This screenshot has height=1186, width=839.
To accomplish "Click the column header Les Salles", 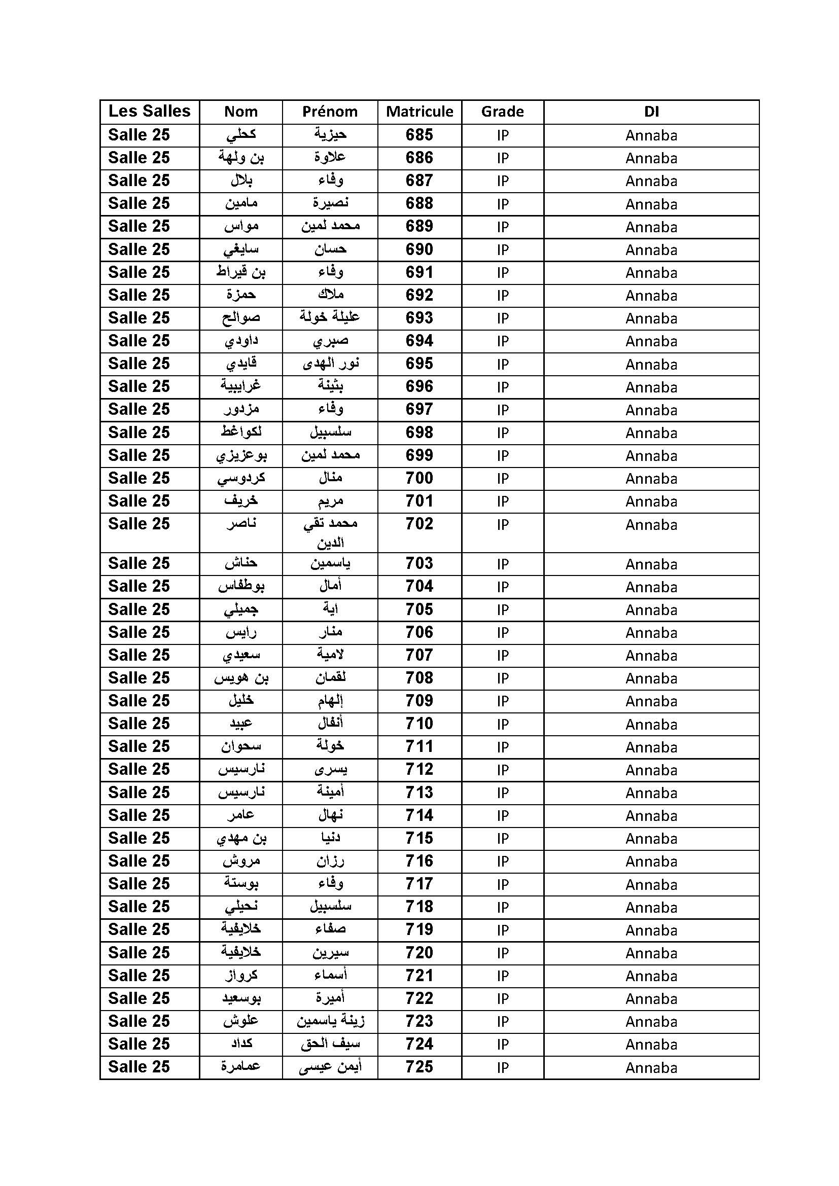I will click(x=149, y=111).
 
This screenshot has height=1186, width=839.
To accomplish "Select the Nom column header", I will click(x=241, y=112).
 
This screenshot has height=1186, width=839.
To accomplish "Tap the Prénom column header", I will click(x=330, y=112).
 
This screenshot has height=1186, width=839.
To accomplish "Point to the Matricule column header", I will click(x=419, y=112).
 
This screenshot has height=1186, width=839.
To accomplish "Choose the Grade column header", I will click(x=502, y=112).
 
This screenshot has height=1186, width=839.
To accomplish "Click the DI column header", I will click(x=651, y=112).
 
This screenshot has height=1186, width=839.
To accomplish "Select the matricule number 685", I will click(x=419, y=135).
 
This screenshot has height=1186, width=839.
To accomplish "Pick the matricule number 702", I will click(x=419, y=524).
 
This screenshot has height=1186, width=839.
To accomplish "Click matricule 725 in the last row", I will click(x=419, y=1067).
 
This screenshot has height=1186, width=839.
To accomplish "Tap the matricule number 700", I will click(x=419, y=478).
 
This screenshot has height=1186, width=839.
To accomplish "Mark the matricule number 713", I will click(x=419, y=793).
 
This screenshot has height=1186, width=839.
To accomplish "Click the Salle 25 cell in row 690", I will click(x=139, y=249).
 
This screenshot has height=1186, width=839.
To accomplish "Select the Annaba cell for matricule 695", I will click(x=651, y=364).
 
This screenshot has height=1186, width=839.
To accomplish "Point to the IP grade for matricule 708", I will click(x=503, y=678).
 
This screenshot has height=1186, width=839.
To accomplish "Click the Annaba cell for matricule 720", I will click(x=651, y=953).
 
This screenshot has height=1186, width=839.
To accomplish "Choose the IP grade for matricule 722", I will click(x=503, y=998).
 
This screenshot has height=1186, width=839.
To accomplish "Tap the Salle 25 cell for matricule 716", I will click(x=139, y=861).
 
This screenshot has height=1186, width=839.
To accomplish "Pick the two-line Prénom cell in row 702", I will click(x=330, y=532).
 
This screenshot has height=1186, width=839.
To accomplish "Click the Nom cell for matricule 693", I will click(x=241, y=318).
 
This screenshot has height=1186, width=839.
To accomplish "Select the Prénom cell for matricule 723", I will click(x=330, y=1021).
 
